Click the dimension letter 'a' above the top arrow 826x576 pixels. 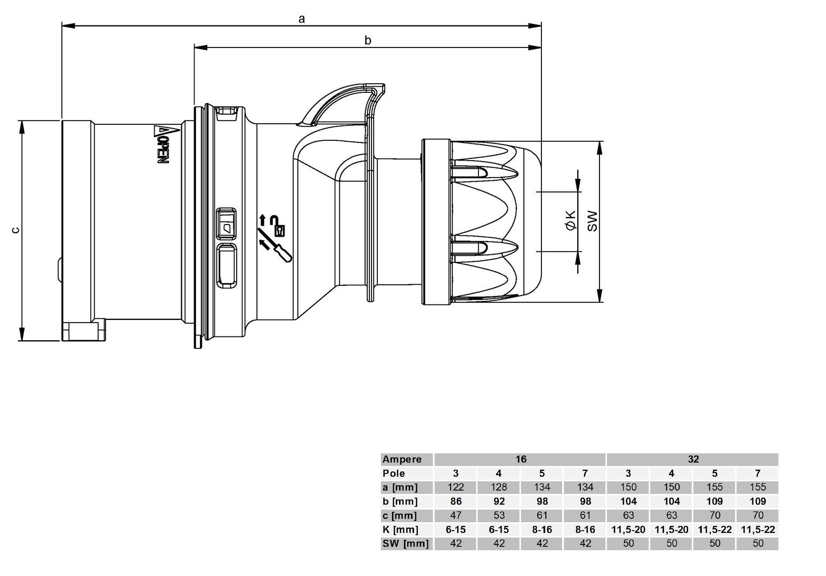(x=302, y=19)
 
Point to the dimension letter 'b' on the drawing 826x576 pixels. (x=368, y=40)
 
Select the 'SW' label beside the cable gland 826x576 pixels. (x=593, y=221)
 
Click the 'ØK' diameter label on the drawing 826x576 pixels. (x=571, y=220)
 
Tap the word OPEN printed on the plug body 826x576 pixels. (x=160, y=151)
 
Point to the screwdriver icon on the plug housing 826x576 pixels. (x=274, y=246)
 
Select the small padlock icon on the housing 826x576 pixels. (x=279, y=230)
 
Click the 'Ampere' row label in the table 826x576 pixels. (x=402, y=459)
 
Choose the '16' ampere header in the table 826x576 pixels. (x=520, y=459)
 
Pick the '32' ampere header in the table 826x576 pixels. (x=693, y=459)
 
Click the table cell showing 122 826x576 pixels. (x=456, y=487)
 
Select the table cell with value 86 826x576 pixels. (x=456, y=501)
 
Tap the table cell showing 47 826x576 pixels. (x=456, y=515)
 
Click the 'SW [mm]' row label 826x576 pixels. (x=405, y=543)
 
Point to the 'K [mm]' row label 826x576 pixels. (x=400, y=530)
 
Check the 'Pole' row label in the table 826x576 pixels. (x=393, y=473)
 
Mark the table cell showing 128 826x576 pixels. (x=499, y=487)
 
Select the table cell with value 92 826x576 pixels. (x=499, y=501)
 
